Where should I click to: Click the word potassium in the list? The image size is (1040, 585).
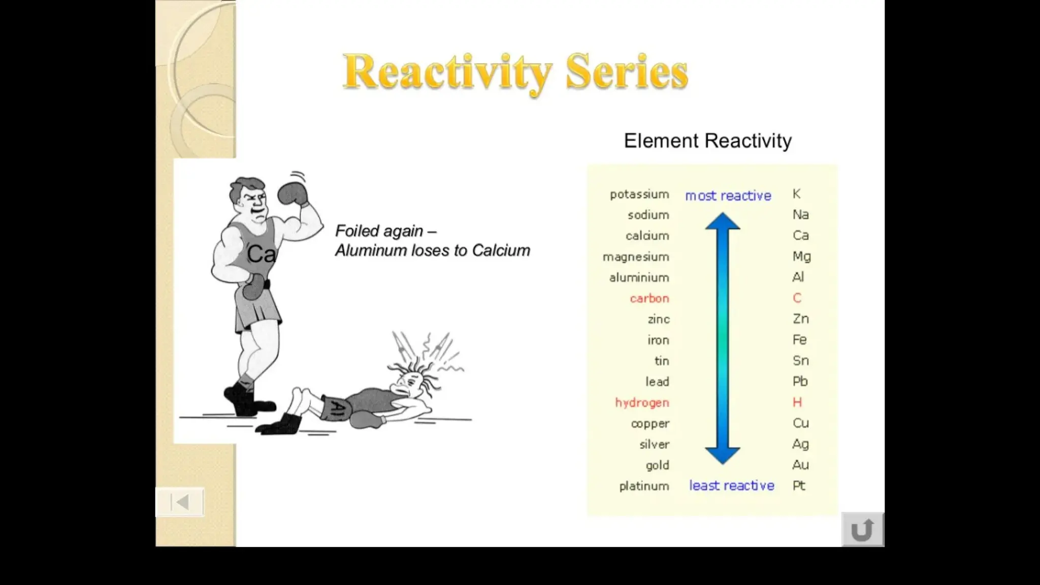pos(639,194)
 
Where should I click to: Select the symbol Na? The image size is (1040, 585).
pos(800,215)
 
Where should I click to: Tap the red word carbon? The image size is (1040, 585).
pos(649,299)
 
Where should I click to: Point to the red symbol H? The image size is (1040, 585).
pos(797,403)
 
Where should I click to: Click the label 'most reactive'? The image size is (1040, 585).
pos(728,196)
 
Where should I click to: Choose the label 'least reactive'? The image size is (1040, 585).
pos(731,486)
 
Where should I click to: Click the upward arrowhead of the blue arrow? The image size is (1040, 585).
pos(722,222)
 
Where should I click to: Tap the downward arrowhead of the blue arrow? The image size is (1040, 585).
pos(722,455)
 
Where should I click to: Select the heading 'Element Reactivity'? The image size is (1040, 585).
pos(707,141)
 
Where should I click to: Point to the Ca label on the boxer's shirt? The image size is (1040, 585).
pos(261,254)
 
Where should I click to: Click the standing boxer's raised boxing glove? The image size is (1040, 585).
pos(292,193)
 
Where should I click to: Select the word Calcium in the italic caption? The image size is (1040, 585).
pos(501,251)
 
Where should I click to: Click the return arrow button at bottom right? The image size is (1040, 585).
pos(862,530)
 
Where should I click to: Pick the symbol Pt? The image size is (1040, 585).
pos(799,486)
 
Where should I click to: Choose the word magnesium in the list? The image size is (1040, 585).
pos(635,257)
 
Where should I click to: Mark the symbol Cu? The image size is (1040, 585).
pos(800,424)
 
